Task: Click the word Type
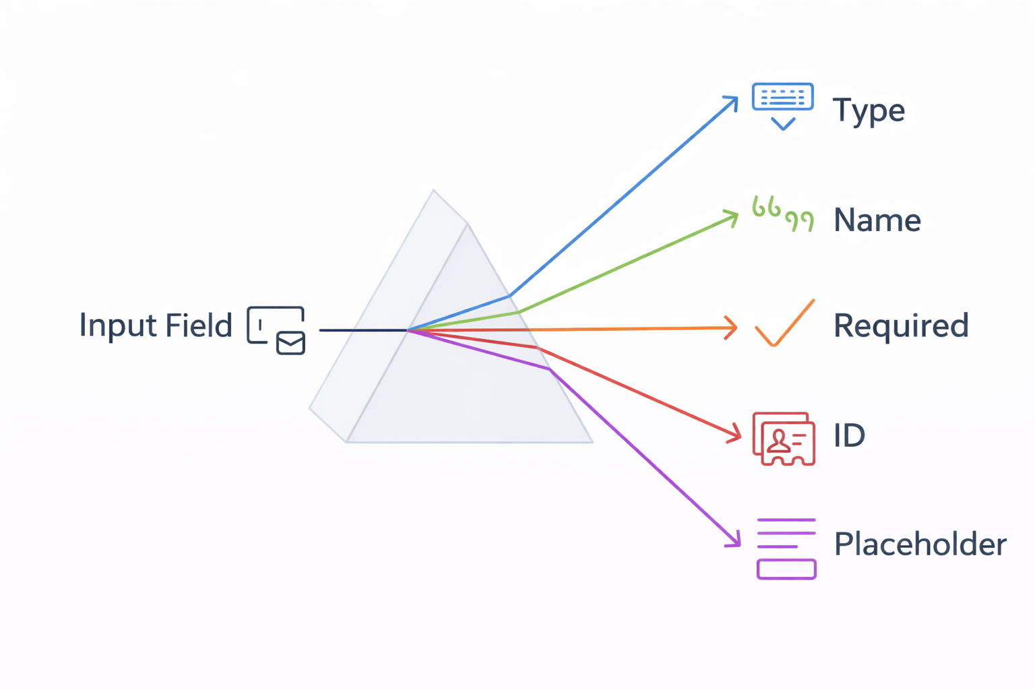[868, 111]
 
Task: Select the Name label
[877, 220]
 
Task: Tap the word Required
[901, 325]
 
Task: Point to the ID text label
[849, 435]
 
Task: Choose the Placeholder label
[920, 544]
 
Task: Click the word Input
[115, 326]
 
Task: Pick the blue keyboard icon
[782, 97]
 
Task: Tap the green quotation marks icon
[782, 214]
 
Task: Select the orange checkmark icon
[784, 323]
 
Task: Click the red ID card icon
[784, 438]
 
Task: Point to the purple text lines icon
[786, 548]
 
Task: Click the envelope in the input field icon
[290, 343]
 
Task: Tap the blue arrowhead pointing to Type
[732, 101]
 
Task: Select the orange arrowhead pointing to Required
[731, 328]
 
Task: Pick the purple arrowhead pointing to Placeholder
[735, 540]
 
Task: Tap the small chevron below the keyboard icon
[783, 123]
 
